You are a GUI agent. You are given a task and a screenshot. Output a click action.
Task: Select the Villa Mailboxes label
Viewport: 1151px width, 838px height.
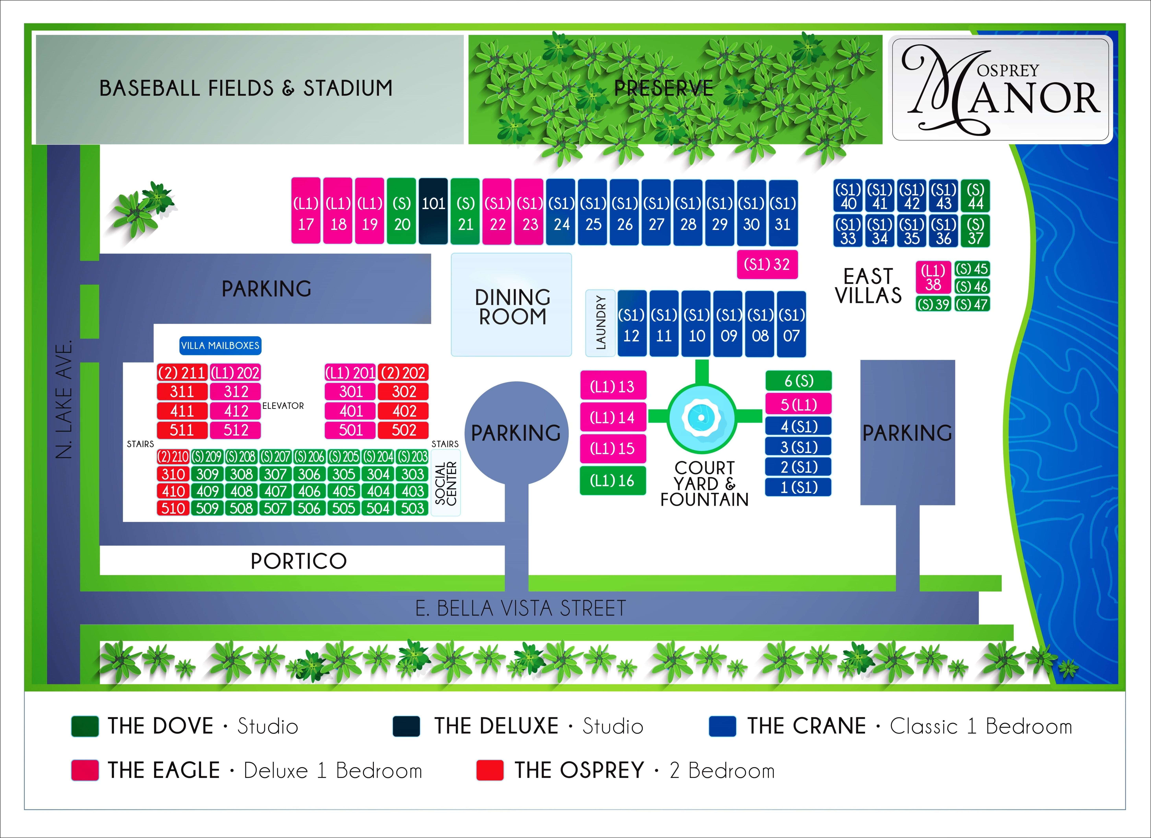click(220, 345)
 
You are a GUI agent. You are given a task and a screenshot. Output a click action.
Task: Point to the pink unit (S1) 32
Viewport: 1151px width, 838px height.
click(767, 264)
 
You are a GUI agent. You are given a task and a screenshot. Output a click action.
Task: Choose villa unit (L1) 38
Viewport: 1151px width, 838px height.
click(933, 277)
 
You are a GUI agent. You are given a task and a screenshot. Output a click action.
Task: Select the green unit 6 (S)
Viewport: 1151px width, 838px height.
click(798, 380)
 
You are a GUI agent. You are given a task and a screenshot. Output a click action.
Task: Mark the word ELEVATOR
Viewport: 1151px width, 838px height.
click(283, 406)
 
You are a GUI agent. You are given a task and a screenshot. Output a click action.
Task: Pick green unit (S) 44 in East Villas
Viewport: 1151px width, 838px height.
click(975, 196)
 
